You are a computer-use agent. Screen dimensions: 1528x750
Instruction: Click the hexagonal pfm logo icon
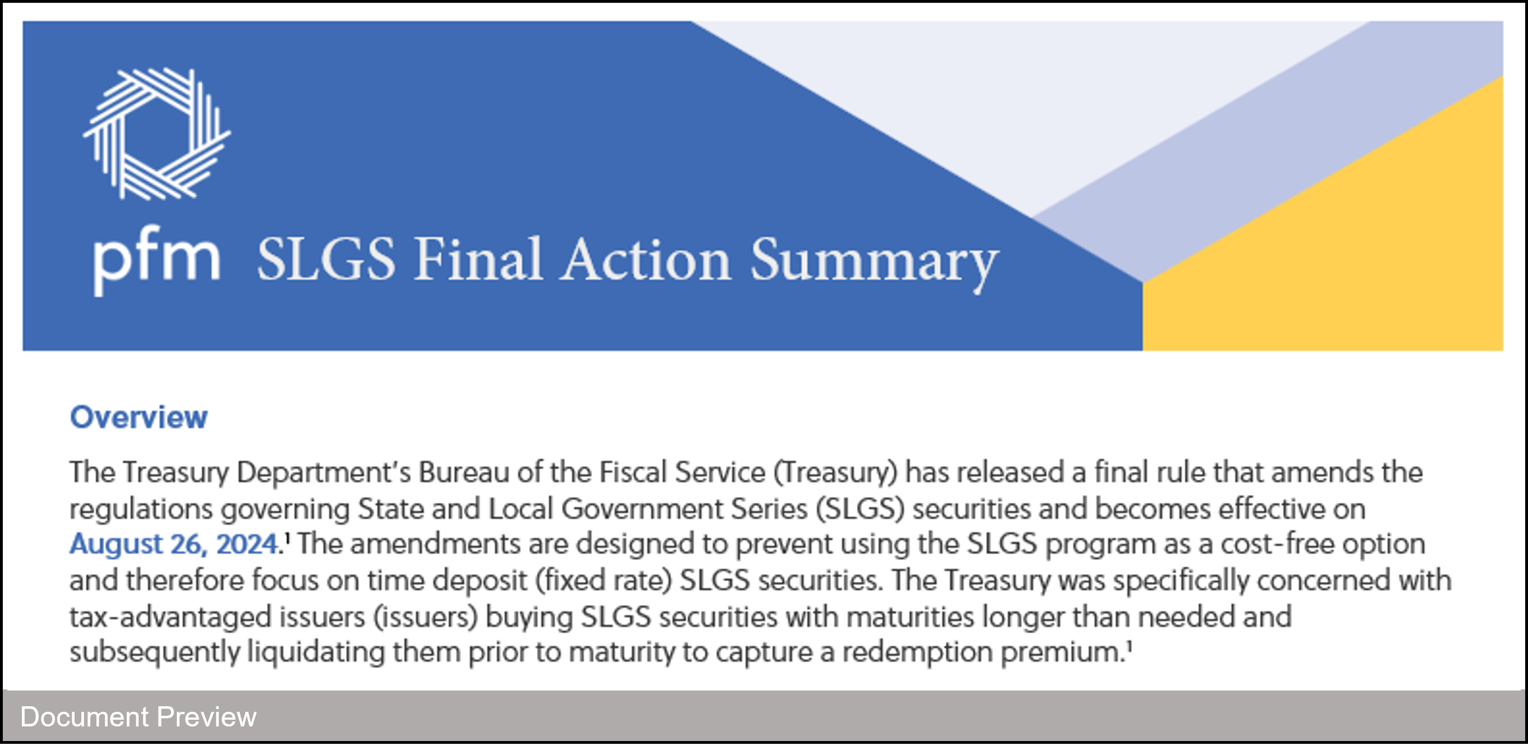click(157, 134)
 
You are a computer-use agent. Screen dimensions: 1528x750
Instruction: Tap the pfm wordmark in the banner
click(157, 260)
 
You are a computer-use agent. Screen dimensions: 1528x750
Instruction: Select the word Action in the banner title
click(646, 260)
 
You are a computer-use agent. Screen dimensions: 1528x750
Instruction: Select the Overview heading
click(139, 417)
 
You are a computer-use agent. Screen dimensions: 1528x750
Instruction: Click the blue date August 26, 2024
click(174, 544)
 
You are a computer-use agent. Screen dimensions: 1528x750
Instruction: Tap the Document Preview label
click(138, 717)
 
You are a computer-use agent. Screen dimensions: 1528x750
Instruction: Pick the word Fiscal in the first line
click(633, 473)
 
